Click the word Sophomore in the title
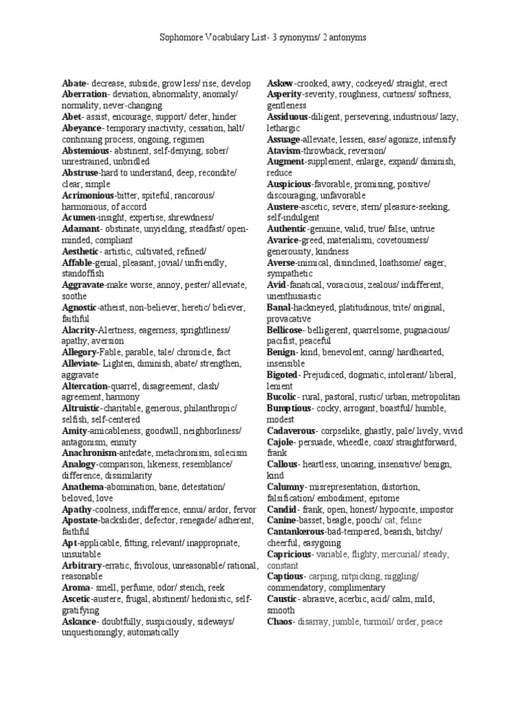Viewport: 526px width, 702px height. (x=179, y=38)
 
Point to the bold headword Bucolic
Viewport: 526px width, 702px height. (x=281, y=397)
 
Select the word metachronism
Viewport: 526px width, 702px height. (x=181, y=453)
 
